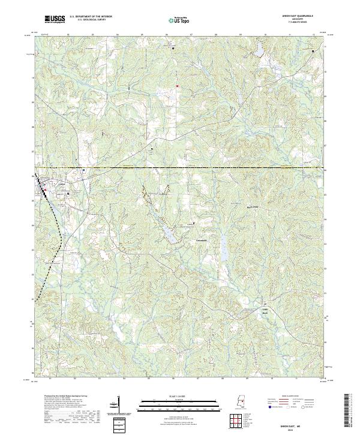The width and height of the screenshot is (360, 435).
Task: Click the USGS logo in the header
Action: (55, 19)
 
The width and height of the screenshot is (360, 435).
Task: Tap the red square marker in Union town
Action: (45, 191)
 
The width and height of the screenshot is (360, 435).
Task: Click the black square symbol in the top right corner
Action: (313, 52)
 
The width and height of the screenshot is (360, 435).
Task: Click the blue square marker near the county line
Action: (83, 170)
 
